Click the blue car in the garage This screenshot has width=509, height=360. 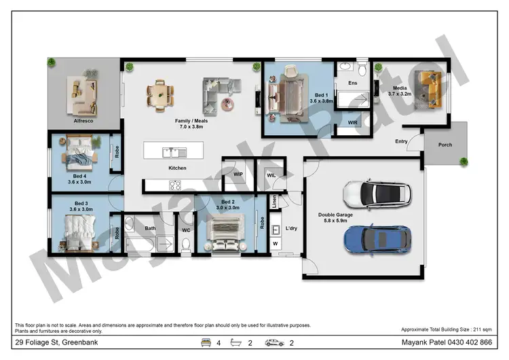(x=377, y=238)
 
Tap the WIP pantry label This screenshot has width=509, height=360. (x=238, y=174)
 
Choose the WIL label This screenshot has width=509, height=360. (x=271, y=175)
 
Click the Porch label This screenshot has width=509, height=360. (x=445, y=145)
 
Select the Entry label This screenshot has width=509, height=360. (x=402, y=141)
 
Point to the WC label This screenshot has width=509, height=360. (x=186, y=230)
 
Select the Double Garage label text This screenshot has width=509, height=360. (x=334, y=217)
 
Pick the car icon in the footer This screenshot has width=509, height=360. (x=275, y=343)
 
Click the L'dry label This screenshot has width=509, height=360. (x=293, y=228)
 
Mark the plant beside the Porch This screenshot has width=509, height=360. (x=464, y=162)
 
